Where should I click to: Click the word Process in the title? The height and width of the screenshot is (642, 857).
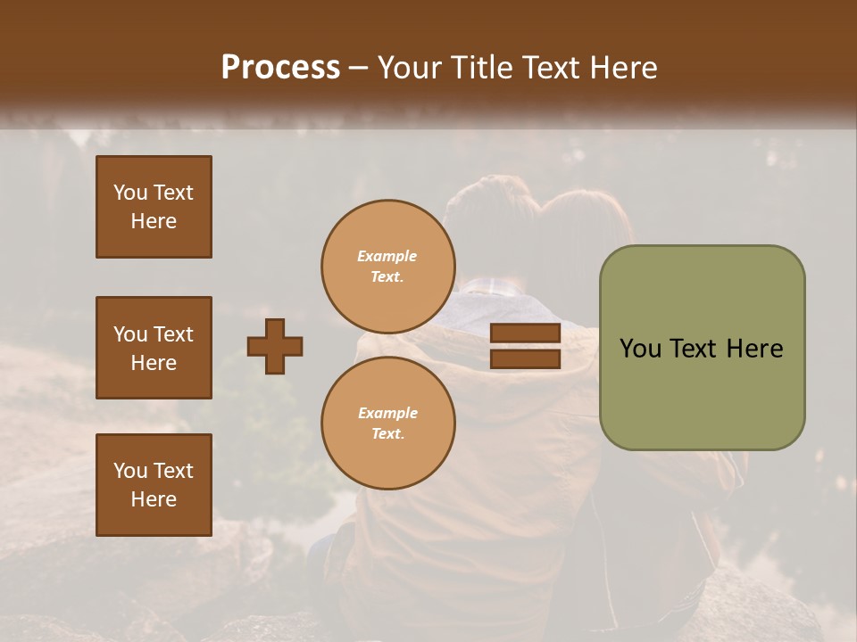tap(280, 68)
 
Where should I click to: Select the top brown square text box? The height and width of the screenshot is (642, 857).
tap(154, 207)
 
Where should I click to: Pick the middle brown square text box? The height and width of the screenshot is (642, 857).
tap(154, 348)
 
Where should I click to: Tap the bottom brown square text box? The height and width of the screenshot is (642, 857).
tap(154, 485)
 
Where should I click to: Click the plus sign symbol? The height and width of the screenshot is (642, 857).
tap(275, 347)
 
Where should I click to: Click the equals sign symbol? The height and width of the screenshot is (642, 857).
tap(526, 347)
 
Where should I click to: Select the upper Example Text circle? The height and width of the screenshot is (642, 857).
tap(388, 267)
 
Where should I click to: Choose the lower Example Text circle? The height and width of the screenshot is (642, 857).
tap(388, 424)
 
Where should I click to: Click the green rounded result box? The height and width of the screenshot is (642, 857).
tap(702, 348)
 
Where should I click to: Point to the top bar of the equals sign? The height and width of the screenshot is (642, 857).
tap(526, 333)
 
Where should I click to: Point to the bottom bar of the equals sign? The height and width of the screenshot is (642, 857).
tap(526, 359)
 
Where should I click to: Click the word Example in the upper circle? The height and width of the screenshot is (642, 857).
tap(387, 257)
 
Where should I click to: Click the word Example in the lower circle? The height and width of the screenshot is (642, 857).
tap(387, 414)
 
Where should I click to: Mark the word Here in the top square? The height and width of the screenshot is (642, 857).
tap(154, 221)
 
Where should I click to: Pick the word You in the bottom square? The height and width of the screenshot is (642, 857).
tap(130, 471)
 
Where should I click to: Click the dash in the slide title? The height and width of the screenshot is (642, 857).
tap(359, 69)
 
